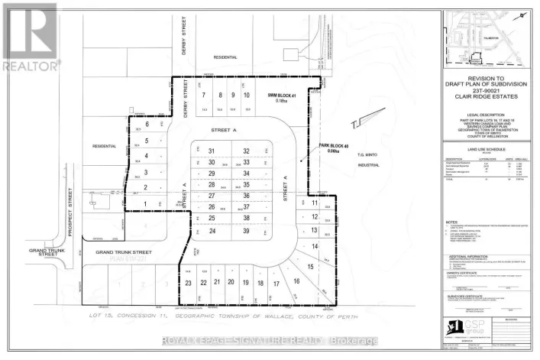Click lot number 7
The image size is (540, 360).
click(204, 96)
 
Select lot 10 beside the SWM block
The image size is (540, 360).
click(246, 96)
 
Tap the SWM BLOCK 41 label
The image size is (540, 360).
click(280, 96)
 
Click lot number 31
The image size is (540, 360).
click(212, 151)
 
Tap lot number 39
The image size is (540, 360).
click(246, 231)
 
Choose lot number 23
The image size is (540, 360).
click(188, 283)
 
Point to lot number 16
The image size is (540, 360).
click(296, 281)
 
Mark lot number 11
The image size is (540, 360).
click(315, 203)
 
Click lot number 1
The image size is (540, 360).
click(145, 204)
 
